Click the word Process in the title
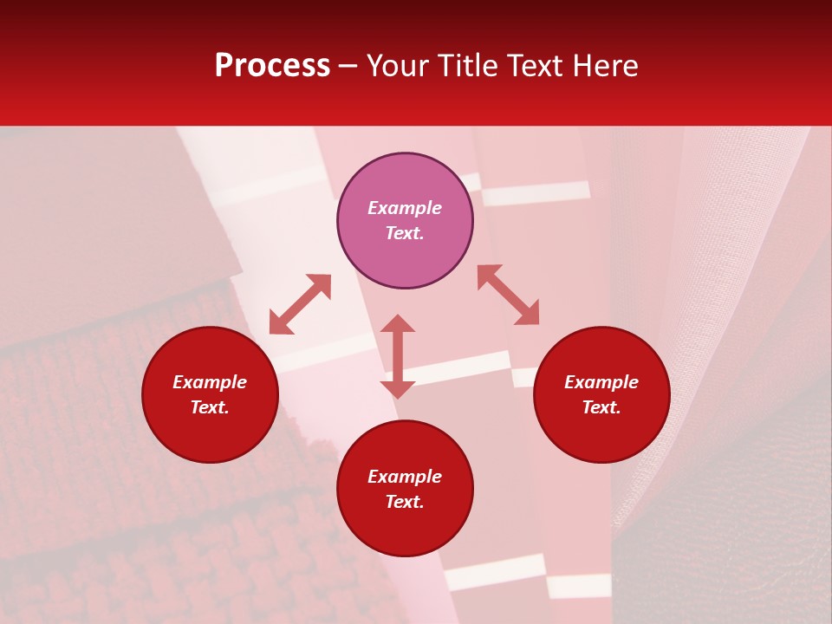pyautogui.click(x=272, y=66)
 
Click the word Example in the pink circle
pyautogui.click(x=405, y=208)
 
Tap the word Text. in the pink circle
pyautogui.click(x=405, y=233)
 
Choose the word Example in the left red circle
pyautogui.click(x=210, y=382)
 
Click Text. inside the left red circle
pyautogui.click(x=210, y=407)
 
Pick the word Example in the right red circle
pyautogui.click(x=601, y=382)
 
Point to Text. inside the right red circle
pyautogui.click(x=601, y=407)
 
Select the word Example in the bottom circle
pyautogui.click(x=405, y=477)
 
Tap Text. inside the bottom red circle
pyautogui.click(x=405, y=502)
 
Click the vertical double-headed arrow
pyautogui.click(x=398, y=356)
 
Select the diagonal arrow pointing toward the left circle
pyautogui.click(x=300, y=304)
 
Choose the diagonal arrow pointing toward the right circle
pyautogui.click(x=509, y=295)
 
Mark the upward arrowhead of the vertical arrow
pyautogui.click(x=398, y=323)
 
